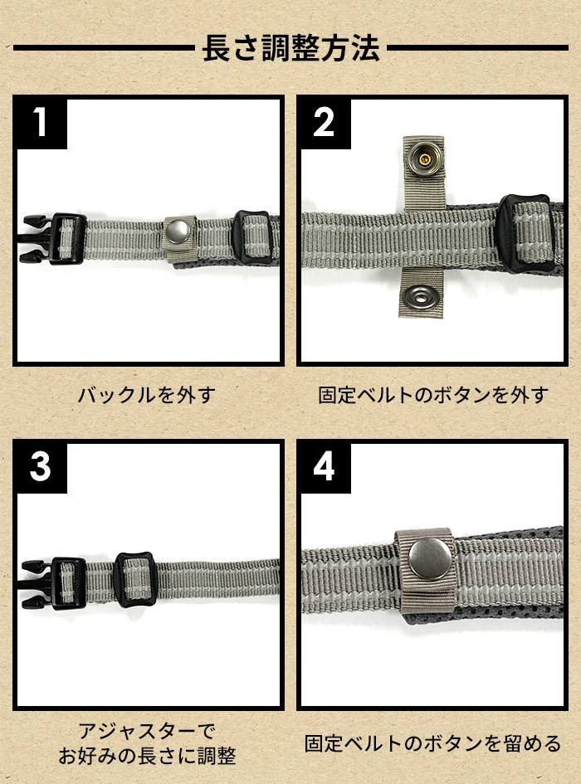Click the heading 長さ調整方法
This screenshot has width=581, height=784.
pos(290,48)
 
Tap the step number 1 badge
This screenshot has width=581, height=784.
pos(41,122)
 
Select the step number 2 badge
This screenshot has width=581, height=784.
pos(324,122)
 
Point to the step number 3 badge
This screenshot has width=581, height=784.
pos(41,467)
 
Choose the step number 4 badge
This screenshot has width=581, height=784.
pos(324,467)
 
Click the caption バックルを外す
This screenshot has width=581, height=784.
pos(147,395)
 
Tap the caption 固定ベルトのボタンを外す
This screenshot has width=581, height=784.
pos(433,395)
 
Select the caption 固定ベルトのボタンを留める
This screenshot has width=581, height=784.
pos(433,743)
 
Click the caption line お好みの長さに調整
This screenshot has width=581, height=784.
pos(147,756)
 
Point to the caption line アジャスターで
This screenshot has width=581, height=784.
pos(147,732)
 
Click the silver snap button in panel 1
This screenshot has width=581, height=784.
pos(178,231)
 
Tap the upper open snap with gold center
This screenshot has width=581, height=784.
pos(423,159)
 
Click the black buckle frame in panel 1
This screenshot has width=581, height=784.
pos(66,239)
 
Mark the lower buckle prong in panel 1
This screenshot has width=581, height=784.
pos(35,256)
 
